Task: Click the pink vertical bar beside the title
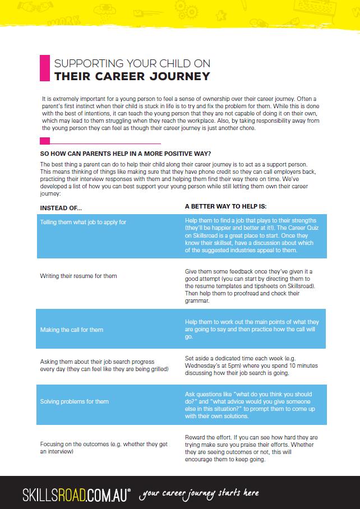point(43,68)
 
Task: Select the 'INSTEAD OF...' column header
point(61,207)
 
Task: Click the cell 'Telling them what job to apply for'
point(83,223)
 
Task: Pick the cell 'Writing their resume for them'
point(79,276)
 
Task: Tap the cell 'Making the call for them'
point(72,330)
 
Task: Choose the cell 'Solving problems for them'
point(75,401)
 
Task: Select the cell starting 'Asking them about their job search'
point(104,365)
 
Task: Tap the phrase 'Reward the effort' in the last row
point(206,437)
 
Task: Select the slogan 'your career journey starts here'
point(200,493)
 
